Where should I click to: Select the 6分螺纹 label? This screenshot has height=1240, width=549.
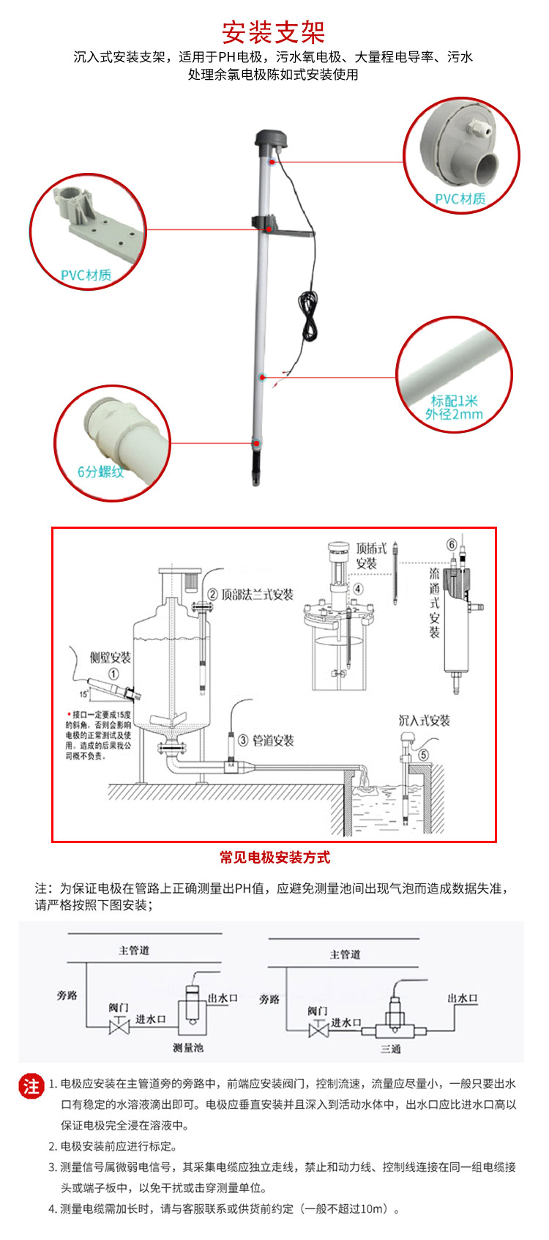click(x=101, y=472)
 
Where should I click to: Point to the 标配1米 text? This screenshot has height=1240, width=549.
click(x=454, y=401)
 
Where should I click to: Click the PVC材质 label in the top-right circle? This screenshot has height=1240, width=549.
click(x=460, y=198)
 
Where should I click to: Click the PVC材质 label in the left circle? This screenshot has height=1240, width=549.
click(x=86, y=275)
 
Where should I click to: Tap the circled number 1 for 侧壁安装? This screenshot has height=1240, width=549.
click(x=113, y=673)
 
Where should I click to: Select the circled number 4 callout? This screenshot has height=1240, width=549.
click(x=358, y=588)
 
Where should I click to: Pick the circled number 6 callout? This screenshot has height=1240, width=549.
click(x=452, y=544)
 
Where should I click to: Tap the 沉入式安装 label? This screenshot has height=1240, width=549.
click(x=424, y=721)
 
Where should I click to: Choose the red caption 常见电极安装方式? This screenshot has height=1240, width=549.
click(x=274, y=858)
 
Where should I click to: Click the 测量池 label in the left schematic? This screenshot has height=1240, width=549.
click(x=188, y=1047)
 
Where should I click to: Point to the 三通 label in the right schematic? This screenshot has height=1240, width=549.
click(x=390, y=1049)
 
